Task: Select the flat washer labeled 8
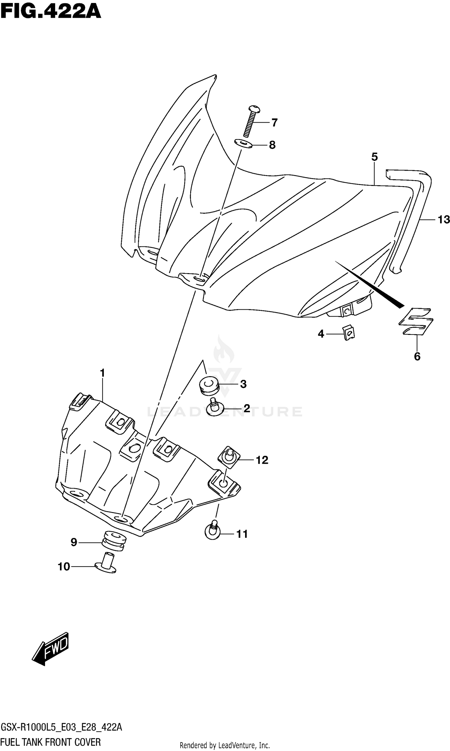pos(243,143)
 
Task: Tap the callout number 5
pos(374,157)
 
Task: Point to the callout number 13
pos(443,219)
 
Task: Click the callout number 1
pos(103,373)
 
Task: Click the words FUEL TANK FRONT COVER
pos(51,742)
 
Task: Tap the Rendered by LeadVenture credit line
pos(225,745)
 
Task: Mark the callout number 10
pos(64,567)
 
